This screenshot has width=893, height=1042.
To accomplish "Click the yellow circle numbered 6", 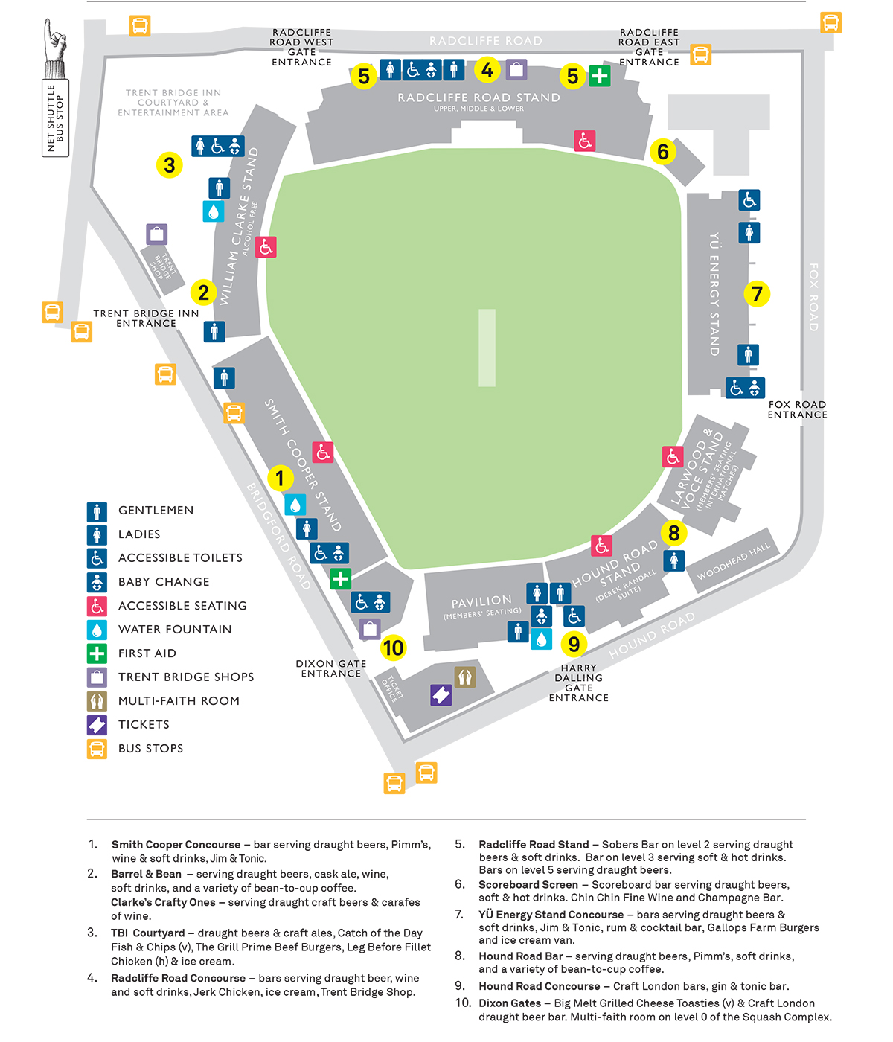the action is (662, 151).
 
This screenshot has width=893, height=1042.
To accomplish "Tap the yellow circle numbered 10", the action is (393, 648).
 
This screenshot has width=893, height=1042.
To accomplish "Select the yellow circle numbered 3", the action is (170, 164).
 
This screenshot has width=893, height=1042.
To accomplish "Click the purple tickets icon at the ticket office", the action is (441, 695).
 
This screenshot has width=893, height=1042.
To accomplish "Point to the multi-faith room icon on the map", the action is (464, 677).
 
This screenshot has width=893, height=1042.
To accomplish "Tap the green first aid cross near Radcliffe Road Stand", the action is (600, 76).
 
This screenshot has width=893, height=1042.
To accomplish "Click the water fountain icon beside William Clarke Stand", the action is (214, 211).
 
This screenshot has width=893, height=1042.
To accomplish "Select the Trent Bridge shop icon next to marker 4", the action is (516, 69).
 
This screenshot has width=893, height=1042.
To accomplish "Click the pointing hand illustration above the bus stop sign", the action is (54, 48).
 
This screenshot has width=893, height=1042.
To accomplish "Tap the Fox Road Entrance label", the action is (797, 409).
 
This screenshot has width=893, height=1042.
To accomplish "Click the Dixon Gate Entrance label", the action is (331, 668).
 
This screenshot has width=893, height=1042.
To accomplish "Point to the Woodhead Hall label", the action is (734, 561).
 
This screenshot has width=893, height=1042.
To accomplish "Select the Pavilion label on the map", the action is (481, 601).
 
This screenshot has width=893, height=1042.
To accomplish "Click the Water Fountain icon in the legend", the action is (97, 630).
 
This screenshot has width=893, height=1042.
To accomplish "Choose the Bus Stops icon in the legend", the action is (97, 749).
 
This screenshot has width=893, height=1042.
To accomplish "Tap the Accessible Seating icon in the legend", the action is (97, 606).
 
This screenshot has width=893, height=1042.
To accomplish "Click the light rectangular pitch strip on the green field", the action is (487, 348).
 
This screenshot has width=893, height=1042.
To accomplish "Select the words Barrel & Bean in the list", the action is (146, 874).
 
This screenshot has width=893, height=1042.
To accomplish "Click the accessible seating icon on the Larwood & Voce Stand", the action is (673, 457).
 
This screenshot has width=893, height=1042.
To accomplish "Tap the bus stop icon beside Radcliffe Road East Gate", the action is (700, 54).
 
